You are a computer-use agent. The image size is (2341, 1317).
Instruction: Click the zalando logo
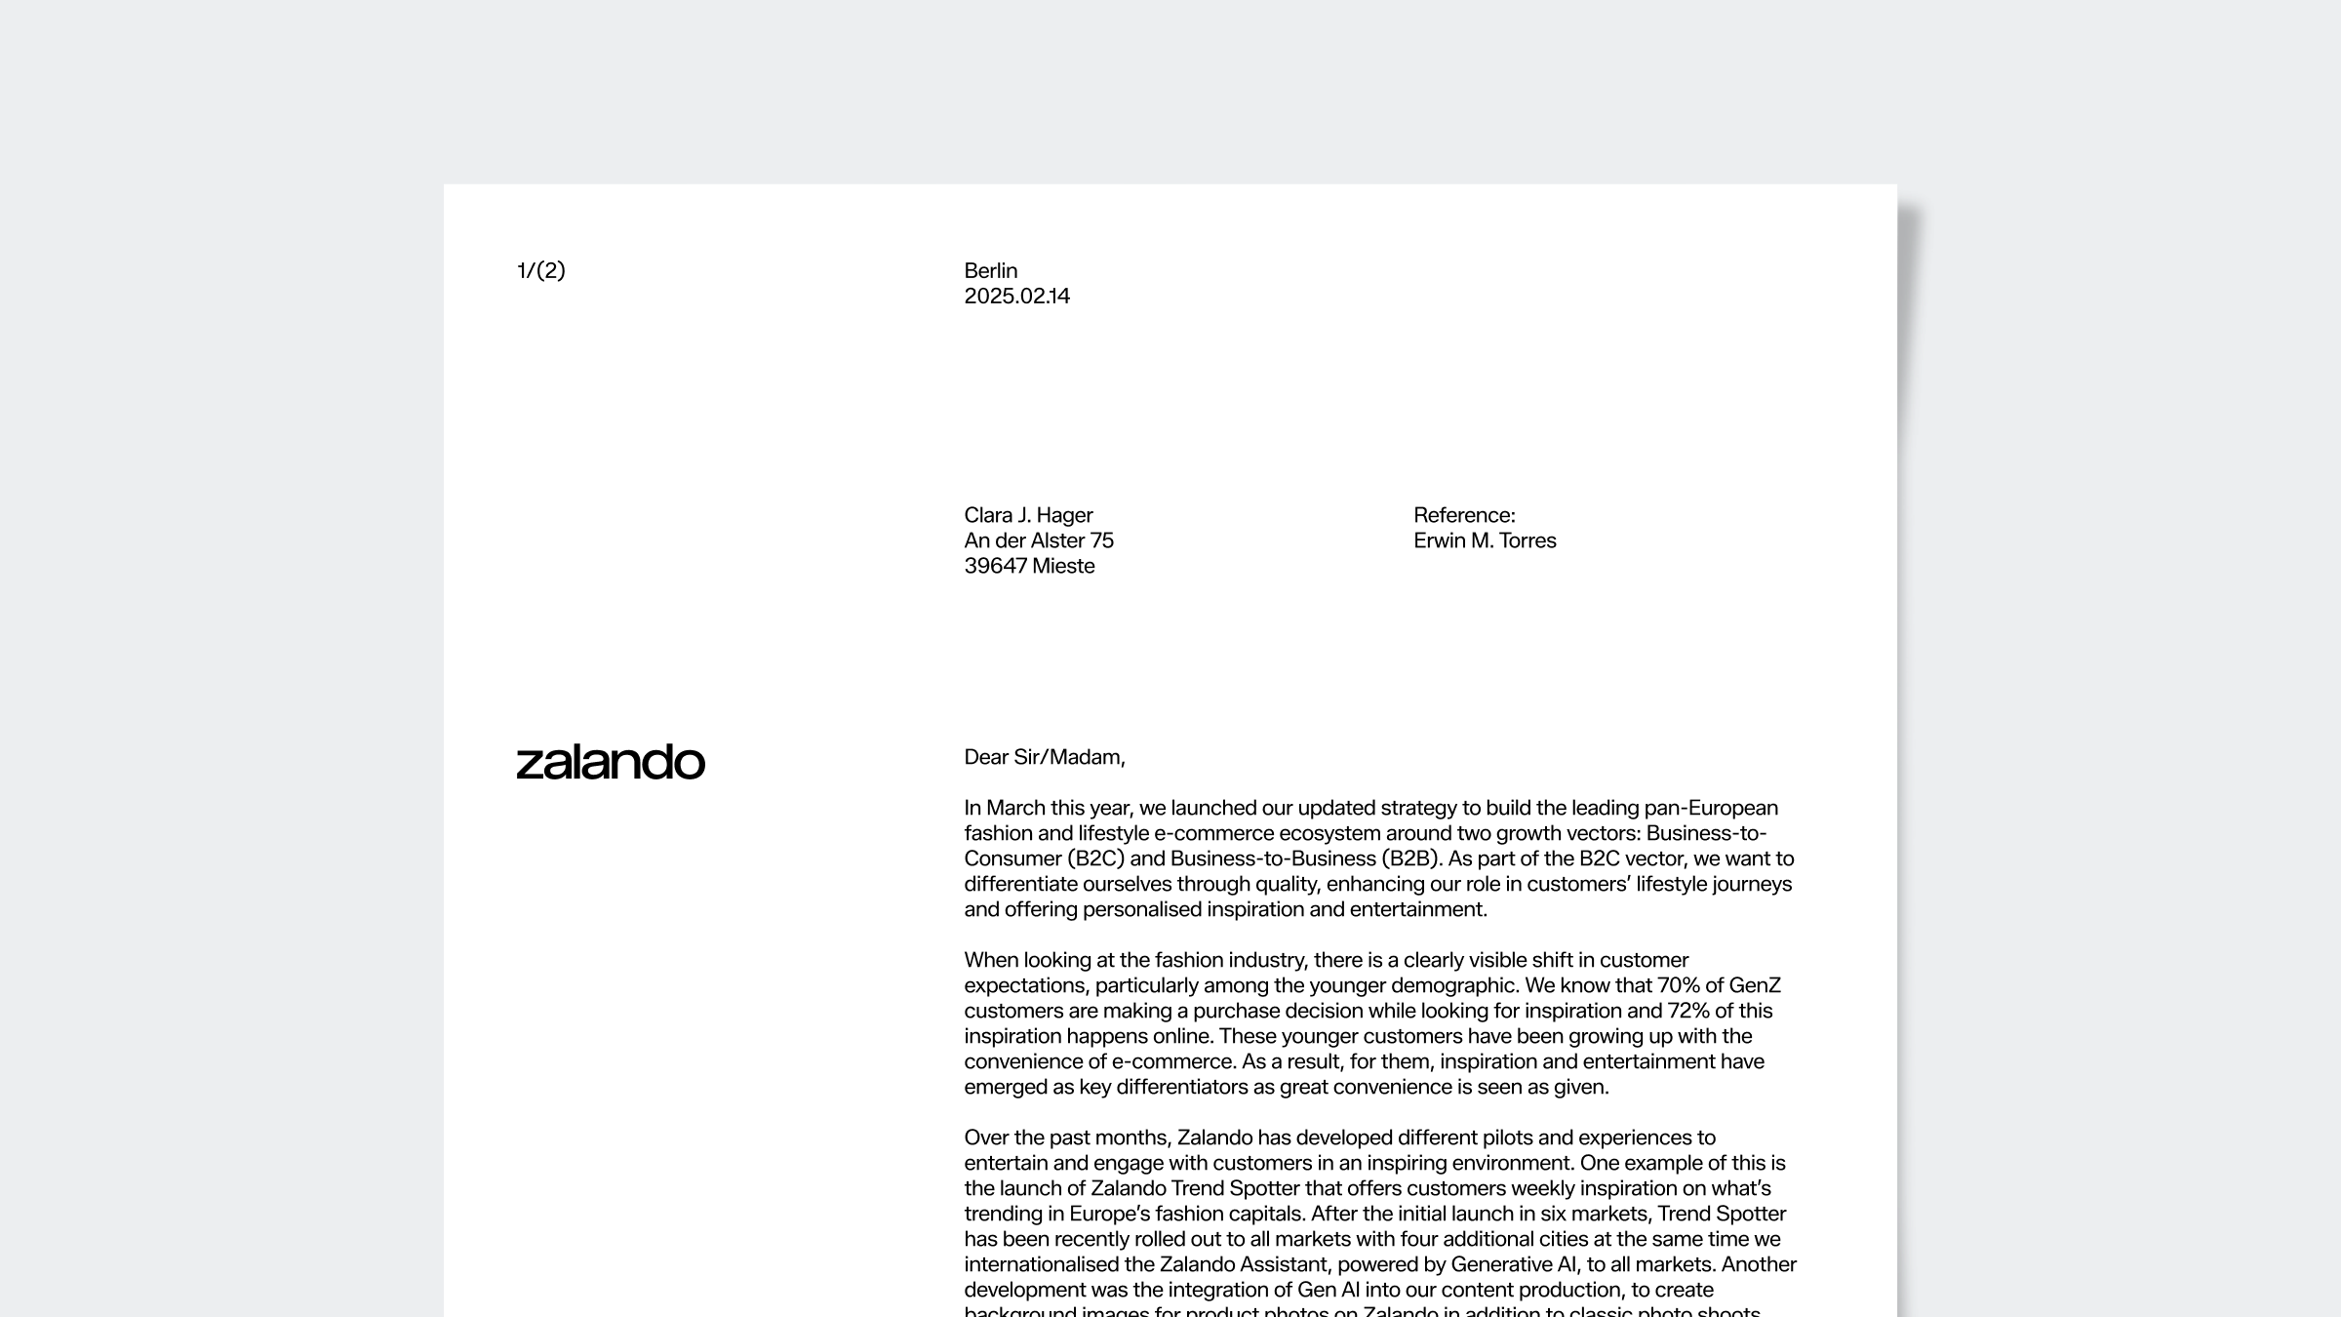click(611, 762)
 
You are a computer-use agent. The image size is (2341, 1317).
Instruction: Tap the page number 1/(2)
click(540, 270)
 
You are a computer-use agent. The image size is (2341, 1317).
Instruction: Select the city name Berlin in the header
click(990, 270)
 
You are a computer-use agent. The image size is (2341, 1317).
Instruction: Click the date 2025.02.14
click(1016, 296)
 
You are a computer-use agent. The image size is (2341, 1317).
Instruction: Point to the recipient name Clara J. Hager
click(1028, 515)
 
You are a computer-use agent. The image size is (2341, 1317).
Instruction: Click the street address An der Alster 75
click(1038, 540)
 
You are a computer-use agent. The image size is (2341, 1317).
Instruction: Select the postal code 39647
click(995, 566)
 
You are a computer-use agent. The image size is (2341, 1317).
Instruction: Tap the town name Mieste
click(1063, 566)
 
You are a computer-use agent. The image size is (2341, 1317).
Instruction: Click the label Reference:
click(1464, 515)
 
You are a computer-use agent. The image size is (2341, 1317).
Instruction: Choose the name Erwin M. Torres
click(1485, 540)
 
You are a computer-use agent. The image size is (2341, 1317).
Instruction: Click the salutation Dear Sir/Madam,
click(1044, 757)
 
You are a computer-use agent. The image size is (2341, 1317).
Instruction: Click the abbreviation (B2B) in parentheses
click(1410, 858)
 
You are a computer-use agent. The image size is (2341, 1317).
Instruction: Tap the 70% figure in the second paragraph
click(1678, 985)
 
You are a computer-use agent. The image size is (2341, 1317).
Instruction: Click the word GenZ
click(1755, 985)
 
